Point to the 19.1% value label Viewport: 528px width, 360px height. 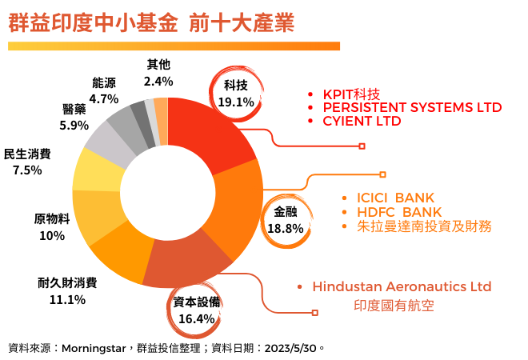click(235, 102)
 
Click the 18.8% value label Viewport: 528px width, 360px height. click(285, 228)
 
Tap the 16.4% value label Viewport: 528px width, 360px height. click(197, 318)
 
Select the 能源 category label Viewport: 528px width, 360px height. click(104, 82)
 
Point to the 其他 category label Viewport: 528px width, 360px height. click(158, 64)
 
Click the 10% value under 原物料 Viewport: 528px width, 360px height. click(51, 235)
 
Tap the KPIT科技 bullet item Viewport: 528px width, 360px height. click(351, 92)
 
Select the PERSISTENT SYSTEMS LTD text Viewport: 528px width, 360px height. click(412, 106)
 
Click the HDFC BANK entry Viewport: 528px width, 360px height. click(388, 211)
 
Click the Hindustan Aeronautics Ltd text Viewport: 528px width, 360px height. click(402, 286)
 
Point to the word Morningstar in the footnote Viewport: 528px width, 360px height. click(94, 348)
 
